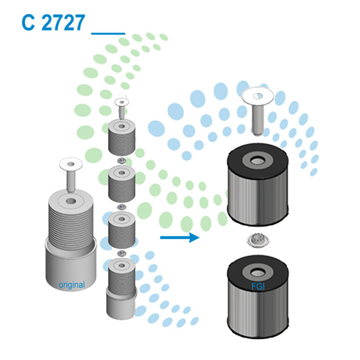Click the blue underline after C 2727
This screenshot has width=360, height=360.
(108, 33)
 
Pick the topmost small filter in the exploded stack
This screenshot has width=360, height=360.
(122, 139)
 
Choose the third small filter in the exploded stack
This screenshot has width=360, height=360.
(122, 228)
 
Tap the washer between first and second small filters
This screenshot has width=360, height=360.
(122, 162)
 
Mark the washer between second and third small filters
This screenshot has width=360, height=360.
(122, 207)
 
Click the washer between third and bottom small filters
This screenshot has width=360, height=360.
(122, 252)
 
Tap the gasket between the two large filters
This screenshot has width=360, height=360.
(255, 243)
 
